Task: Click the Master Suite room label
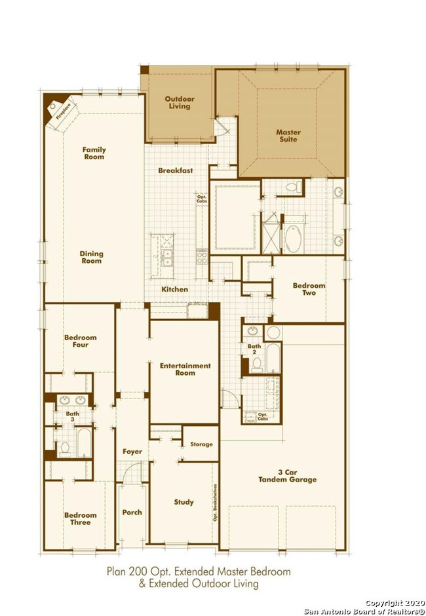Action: click(288, 136)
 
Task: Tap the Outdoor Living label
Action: click(180, 102)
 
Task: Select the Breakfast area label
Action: click(175, 170)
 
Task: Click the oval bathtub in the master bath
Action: click(293, 239)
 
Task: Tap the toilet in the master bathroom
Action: click(293, 187)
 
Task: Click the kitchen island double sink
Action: click(166, 258)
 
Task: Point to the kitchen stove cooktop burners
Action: click(202, 258)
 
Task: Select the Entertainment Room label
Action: click(185, 370)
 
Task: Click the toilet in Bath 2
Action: click(257, 365)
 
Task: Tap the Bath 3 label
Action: click(72, 416)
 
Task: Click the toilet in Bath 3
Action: click(65, 449)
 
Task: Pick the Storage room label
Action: click(201, 444)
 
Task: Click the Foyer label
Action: click(132, 452)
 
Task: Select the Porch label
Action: click(132, 512)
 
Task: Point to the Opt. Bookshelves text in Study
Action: click(216, 505)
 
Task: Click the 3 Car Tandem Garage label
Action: click(287, 476)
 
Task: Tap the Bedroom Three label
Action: click(81, 518)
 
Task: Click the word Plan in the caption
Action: click(116, 571)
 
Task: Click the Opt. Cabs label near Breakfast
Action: click(202, 199)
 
